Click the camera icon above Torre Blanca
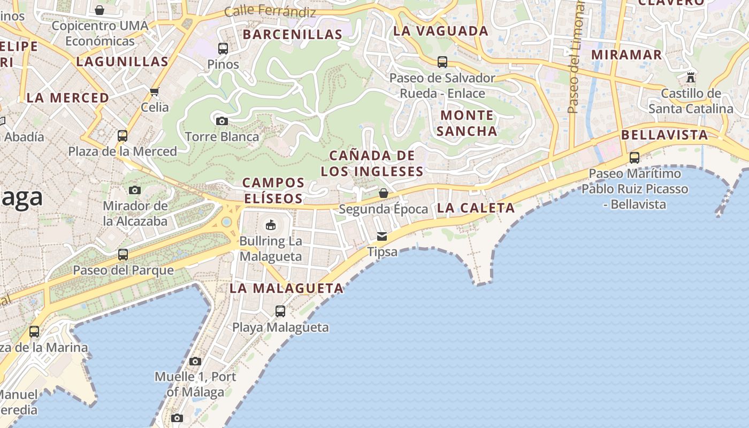pos(222,121)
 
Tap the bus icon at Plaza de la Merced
pos(123,136)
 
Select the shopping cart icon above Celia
pos(155,91)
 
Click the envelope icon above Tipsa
pos(382,236)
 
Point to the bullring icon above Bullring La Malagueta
pos(271,225)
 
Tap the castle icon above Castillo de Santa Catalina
pos(691,78)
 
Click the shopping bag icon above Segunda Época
pos(383,193)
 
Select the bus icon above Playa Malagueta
pos(280,311)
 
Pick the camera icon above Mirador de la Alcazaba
pos(135,190)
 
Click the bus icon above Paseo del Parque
pos(123,255)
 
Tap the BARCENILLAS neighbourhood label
pos(292,35)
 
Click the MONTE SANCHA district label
pos(467,123)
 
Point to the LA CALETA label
pos(476,208)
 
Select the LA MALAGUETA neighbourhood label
pos(286,288)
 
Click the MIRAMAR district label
pos(626,55)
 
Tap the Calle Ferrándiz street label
pos(270,11)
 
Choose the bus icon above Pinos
pos(223,49)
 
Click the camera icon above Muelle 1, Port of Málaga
pos(195,362)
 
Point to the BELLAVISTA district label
pos(665,135)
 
